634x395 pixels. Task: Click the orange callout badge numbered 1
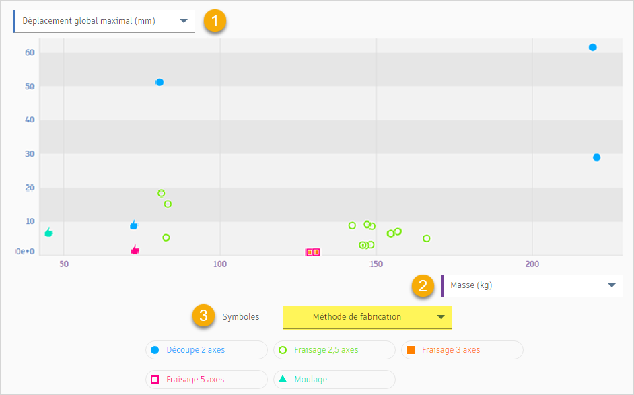coord(215,21)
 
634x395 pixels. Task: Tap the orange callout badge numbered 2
coord(423,285)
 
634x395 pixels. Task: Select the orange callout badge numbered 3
coord(203,316)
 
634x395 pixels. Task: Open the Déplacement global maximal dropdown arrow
coord(184,21)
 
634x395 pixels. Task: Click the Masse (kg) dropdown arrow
coord(612,285)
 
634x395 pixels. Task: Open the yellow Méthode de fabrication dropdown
coord(367,316)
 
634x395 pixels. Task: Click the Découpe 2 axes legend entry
coord(206,350)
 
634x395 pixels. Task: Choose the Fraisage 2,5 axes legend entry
coord(334,350)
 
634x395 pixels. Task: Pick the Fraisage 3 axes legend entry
coord(462,350)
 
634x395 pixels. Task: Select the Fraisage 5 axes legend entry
coord(206,380)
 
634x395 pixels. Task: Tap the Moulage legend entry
coord(334,380)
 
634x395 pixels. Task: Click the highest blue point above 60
coord(593,47)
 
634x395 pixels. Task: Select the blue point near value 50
coord(160,82)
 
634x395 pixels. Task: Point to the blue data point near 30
coord(596,157)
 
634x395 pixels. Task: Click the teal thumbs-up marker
coord(48,232)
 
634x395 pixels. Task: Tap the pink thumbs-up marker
coord(135,250)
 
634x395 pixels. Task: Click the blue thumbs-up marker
coord(134,225)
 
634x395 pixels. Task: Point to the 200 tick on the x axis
coord(532,264)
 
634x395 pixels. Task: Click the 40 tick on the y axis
coord(29,120)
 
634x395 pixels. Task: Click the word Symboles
coord(241,316)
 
